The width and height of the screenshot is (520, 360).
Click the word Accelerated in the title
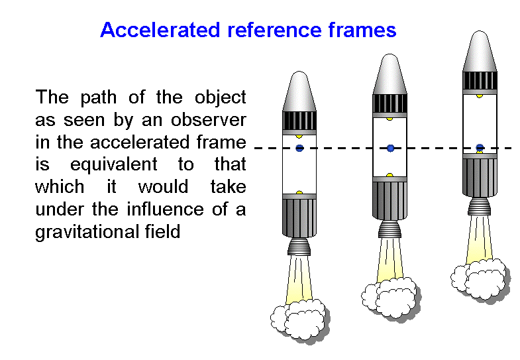(160, 30)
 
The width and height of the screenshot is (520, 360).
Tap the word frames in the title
(362, 30)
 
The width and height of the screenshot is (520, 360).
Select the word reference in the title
(274, 30)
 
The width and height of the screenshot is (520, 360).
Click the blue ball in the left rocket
(299, 148)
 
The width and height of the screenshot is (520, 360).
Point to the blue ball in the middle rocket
(390, 148)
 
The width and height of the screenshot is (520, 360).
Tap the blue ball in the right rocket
(480, 147)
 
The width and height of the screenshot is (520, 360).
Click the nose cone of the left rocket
(299, 91)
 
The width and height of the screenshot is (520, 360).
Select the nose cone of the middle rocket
(390, 74)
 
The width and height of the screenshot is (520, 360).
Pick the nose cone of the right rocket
(480, 51)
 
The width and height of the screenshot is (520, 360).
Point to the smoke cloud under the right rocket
(480, 278)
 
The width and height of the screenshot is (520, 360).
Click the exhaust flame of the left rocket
(299, 278)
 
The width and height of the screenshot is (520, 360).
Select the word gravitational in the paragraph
(87, 232)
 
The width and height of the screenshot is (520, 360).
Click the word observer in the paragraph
(209, 120)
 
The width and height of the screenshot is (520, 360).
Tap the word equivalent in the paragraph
(114, 164)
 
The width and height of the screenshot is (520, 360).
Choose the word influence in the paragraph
(165, 209)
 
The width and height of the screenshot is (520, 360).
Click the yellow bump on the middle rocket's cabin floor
(390, 175)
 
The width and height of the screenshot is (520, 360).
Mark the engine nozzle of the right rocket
(479, 206)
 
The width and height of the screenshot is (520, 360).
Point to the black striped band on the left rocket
(299, 121)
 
